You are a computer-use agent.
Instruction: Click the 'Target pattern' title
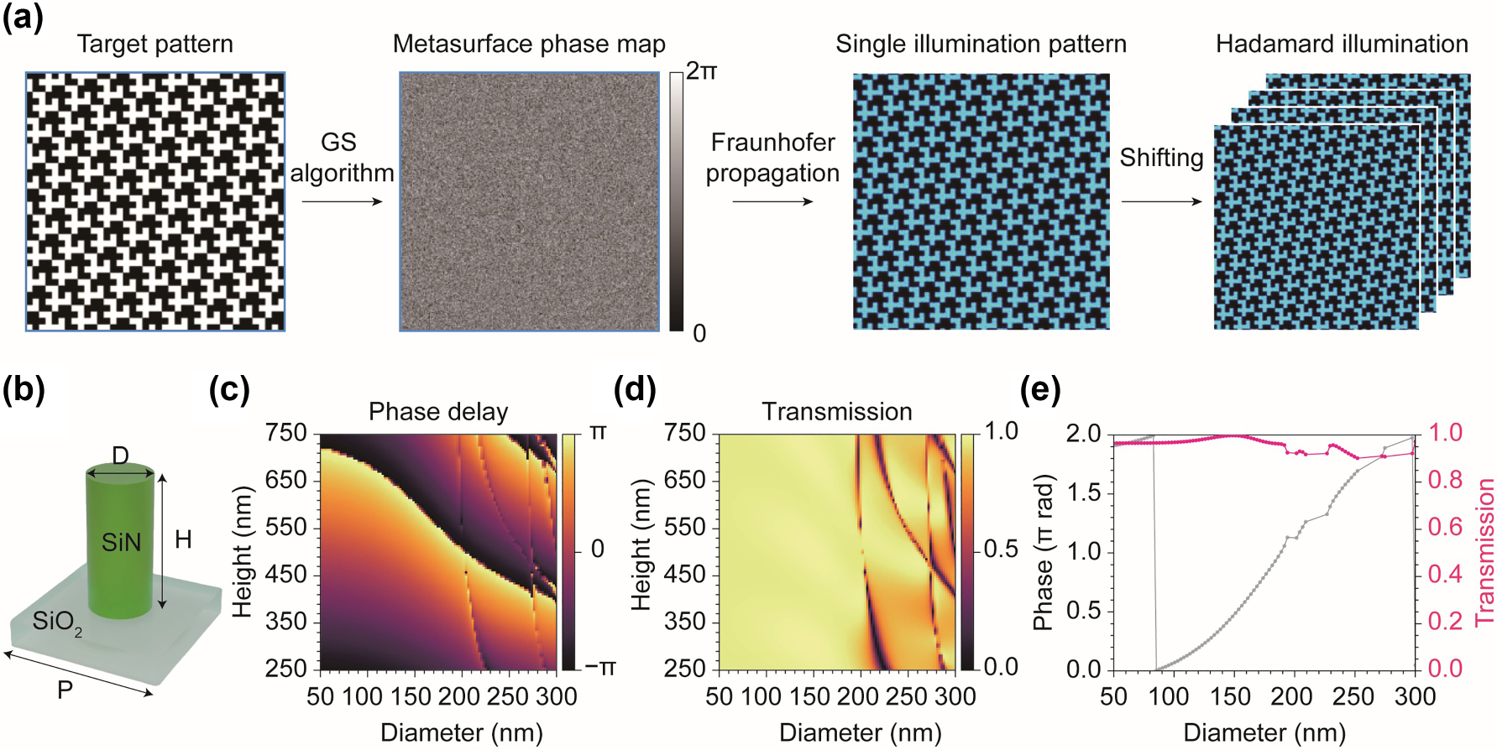coord(154,44)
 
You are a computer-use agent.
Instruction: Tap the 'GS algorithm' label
coord(341,158)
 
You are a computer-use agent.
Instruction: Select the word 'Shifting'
coord(1161,158)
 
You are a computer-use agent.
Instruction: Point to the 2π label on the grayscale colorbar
coord(701,71)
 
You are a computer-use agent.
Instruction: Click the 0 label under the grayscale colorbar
coord(699,334)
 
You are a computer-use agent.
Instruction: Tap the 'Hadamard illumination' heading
coord(1342,44)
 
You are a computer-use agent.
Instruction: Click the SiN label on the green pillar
coord(121,543)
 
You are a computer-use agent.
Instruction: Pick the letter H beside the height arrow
coord(183,539)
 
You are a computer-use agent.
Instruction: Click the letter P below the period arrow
coord(65,690)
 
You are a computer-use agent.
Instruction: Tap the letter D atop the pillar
coord(120,456)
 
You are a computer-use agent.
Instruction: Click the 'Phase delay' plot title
coord(438,412)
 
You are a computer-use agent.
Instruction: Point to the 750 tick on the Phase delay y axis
coord(286,433)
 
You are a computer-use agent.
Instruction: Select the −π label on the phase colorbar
coord(599,668)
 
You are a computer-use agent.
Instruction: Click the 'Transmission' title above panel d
coord(836,412)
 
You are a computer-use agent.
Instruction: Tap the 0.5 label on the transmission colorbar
coord(1001,549)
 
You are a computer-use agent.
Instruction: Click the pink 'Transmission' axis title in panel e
coord(1484,551)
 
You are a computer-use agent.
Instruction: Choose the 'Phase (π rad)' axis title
coord(1043,552)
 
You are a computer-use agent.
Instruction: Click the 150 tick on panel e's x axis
coord(1230,696)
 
